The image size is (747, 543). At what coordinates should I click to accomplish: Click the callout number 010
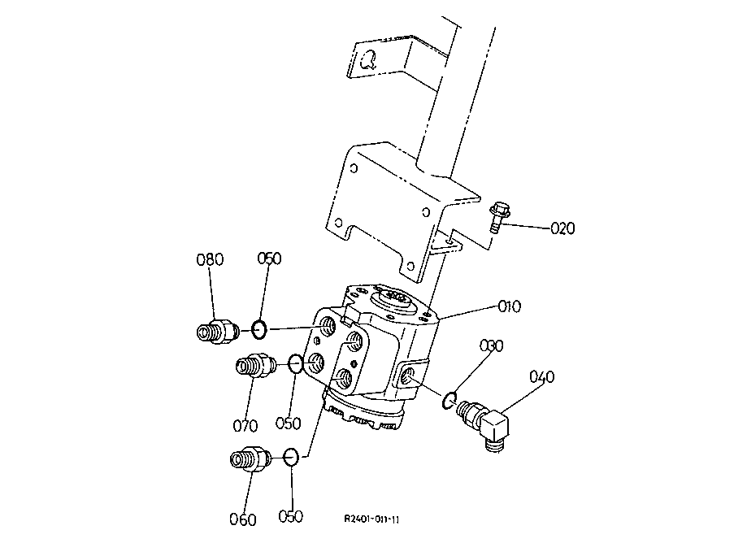tap(510, 306)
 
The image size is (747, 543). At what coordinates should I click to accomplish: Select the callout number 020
tap(562, 228)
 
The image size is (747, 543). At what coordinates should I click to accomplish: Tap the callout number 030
tap(491, 345)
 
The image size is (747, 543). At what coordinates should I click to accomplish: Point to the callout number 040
tap(542, 376)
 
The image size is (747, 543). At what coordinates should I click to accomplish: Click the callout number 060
tap(243, 519)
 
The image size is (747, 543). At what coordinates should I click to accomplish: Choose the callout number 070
tap(245, 425)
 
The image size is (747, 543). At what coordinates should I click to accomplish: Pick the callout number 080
tap(210, 259)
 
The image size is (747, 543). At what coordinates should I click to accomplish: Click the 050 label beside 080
tap(270, 258)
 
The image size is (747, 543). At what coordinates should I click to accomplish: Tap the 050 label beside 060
tap(290, 516)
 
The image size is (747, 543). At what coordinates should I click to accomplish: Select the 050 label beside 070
tap(289, 423)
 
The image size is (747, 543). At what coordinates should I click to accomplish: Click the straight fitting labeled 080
tap(217, 331)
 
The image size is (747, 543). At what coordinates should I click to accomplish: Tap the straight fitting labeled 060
tap(250, 458)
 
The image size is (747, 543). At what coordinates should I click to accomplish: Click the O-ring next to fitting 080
tap(258, 329)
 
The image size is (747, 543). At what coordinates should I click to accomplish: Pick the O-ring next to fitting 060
tap(291, 457)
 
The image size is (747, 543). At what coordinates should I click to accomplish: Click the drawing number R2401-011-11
tap(371, 519)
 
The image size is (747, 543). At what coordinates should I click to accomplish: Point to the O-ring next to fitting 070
tap(295, 363)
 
